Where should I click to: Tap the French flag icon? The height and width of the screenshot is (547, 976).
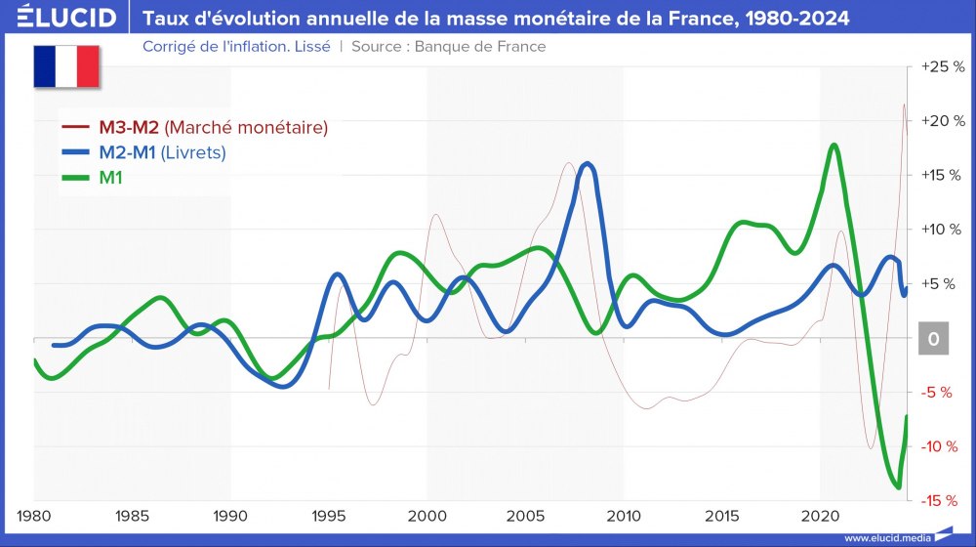[66, 65]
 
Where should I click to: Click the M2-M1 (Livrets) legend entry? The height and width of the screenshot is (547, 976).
[162, 152]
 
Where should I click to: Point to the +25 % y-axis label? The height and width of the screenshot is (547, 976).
[942, 66]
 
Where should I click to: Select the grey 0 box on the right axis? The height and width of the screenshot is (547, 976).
[934, 339]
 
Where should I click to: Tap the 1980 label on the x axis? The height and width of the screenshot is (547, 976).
[34, 515]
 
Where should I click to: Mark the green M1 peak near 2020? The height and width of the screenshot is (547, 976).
[834, 146]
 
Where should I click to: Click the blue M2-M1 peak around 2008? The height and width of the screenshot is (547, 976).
[587, 164]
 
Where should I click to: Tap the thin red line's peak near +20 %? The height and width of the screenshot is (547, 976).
[904, 105]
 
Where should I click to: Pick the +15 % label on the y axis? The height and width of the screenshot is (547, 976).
[942, 175]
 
